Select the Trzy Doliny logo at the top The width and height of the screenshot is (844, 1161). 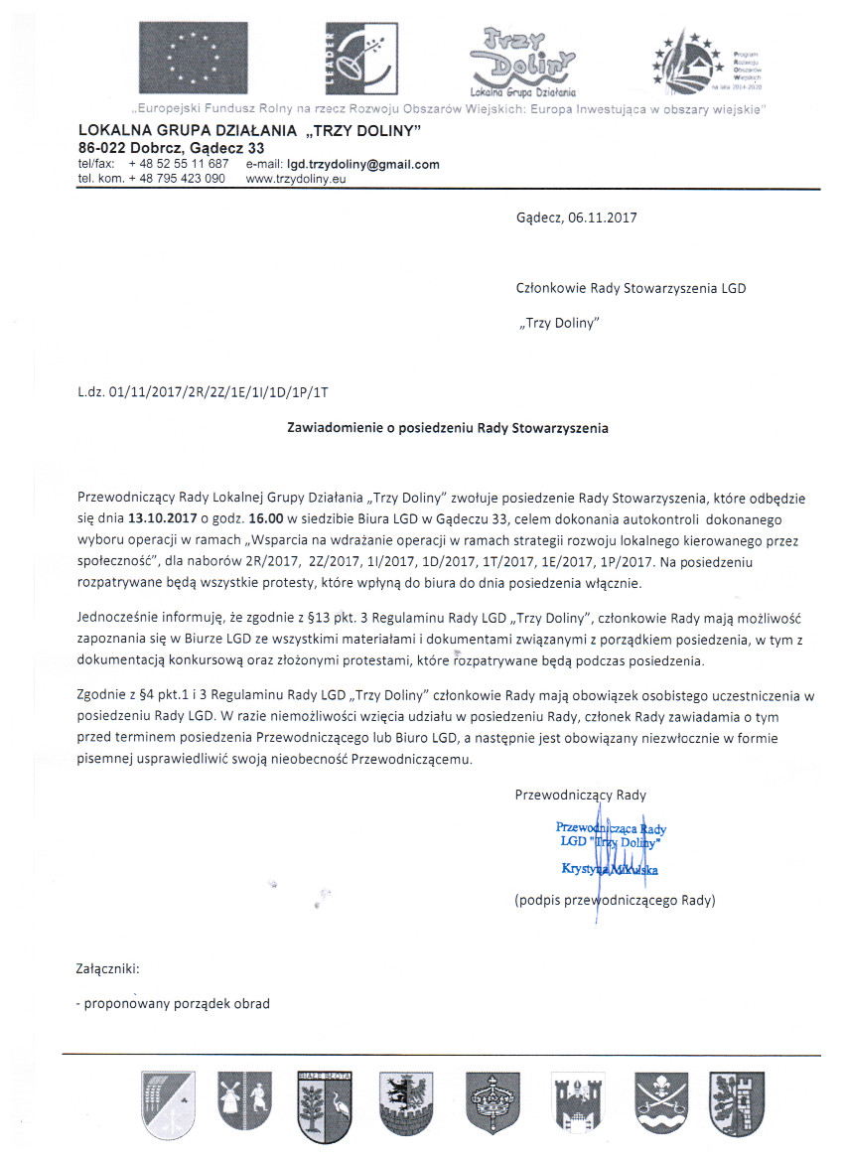[521, 58]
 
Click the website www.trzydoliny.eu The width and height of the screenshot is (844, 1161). [295, 178]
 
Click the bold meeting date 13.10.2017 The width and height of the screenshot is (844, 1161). [159, 517]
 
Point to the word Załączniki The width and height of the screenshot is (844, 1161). [108, 966]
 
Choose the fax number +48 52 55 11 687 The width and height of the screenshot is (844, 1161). [179, 164]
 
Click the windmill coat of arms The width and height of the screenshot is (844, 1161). [237, 1100]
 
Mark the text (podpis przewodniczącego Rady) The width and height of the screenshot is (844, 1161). [615, 901]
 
